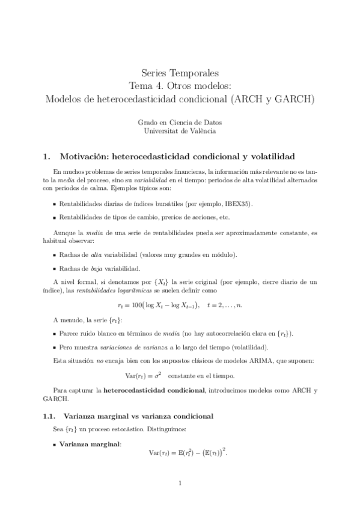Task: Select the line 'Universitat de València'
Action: click(180, 131)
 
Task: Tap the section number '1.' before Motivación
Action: click(46, 158)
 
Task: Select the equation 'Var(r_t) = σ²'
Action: click(143, 376)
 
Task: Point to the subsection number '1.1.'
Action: click(49, 416)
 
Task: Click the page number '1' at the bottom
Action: click(180, 482)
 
